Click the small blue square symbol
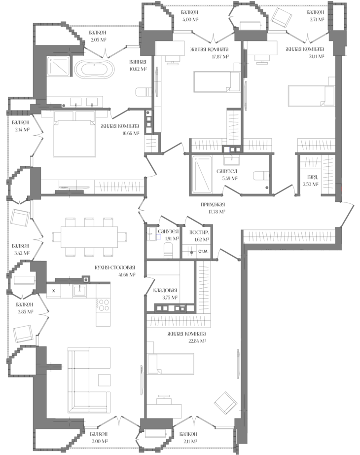[158, 237]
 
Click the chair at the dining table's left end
[56, 237]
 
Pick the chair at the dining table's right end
[122, 237]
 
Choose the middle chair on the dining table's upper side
[89, 222]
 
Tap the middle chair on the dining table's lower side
[89, 252]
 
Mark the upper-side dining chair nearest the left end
[71, 222]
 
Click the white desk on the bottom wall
[164, 411]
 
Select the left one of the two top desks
[170, 48]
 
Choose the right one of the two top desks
[262, 48]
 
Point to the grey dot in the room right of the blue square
[191, 252]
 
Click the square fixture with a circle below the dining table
[86, 279]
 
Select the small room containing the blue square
[162, 242]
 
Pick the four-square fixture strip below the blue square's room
[171, 308]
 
